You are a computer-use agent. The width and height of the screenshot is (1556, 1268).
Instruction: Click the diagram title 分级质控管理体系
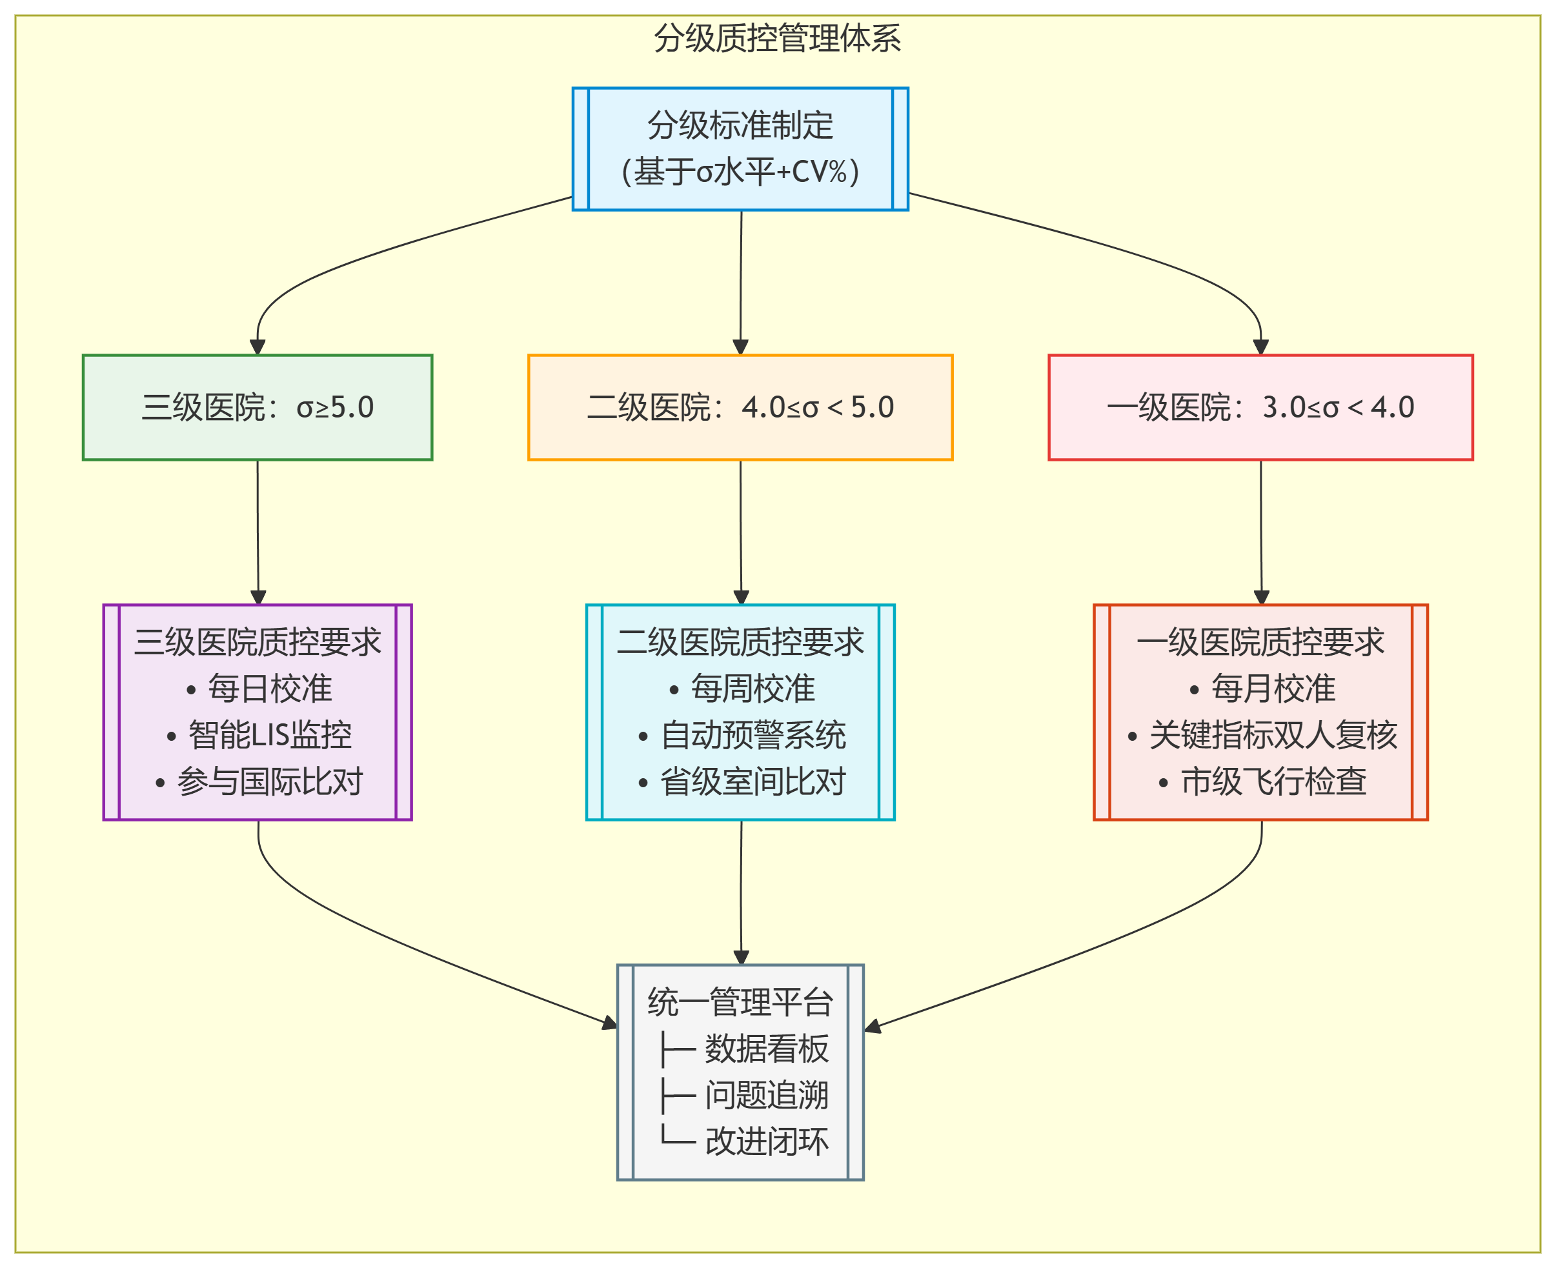776,38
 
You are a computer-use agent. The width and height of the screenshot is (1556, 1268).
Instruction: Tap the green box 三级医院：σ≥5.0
257,408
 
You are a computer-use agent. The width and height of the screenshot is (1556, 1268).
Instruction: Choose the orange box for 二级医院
740,408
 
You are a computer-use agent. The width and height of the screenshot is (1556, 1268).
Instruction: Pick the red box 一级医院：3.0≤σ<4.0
1260,408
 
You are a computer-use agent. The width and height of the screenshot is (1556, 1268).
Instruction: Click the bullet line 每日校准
260,689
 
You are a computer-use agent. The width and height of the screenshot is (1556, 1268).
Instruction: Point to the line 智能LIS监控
260,736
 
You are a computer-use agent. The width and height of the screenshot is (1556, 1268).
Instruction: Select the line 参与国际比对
260,781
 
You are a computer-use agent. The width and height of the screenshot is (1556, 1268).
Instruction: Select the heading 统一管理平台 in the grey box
740,1002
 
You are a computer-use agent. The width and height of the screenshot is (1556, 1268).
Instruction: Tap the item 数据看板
766,1049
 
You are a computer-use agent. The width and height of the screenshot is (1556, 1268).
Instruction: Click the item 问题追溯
766,1096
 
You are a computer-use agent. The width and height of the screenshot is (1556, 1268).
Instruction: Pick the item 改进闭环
766,1142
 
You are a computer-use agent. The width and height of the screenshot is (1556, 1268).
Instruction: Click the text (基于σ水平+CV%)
740,172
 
